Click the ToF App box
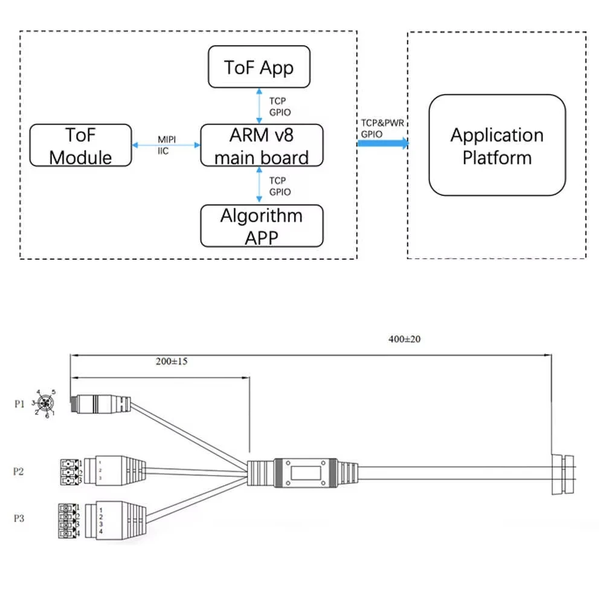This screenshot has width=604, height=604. (x=259, y=67)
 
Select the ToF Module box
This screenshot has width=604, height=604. (x=80, y=146)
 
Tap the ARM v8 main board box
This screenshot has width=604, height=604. (x=262, y=146)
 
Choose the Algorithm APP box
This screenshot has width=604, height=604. (x=262, y=226)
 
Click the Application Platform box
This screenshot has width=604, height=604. (x=497, y=146)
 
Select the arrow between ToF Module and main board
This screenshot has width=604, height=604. (x=165, y=145)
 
